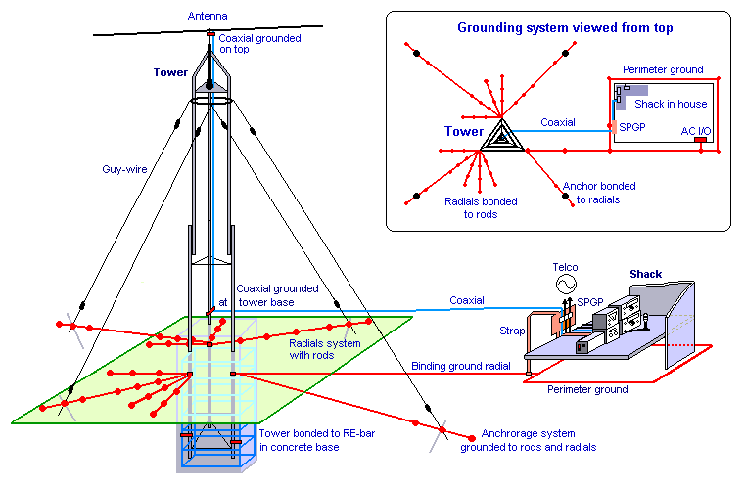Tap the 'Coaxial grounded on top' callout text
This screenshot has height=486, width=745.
(251, 44)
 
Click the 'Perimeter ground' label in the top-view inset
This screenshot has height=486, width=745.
(661, 70)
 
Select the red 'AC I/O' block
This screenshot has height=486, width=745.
(700, 141)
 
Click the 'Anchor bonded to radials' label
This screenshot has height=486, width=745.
(598, 192)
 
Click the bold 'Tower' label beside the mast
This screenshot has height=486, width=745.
(169, 72)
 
